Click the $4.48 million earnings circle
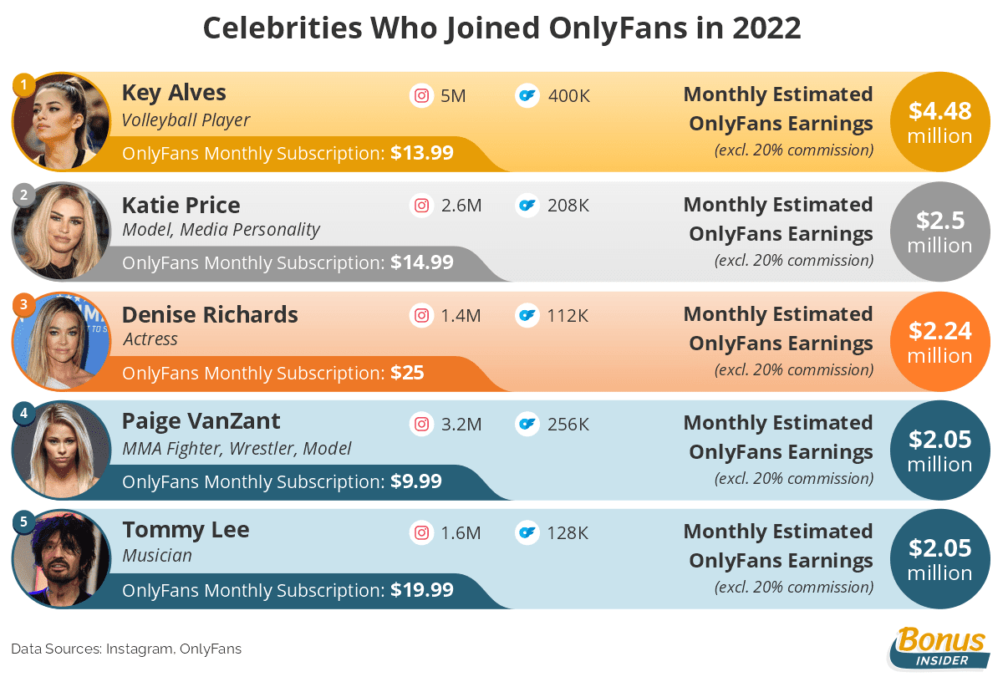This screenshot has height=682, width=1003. click(940, 122)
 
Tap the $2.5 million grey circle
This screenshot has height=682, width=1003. click(940, 232)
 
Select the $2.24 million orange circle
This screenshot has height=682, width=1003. click(940, 341)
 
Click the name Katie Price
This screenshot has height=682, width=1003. click(181, 205)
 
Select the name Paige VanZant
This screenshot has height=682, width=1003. click(201, 420)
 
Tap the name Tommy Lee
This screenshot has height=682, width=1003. click(186, 530)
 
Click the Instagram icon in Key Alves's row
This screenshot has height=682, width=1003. click(422, 95)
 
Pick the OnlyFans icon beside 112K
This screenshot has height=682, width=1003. click(527, 315)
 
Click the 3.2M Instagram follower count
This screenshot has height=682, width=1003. click(461, 425)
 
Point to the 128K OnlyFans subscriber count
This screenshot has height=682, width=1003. click(568, 533)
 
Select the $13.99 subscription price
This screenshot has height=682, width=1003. click(422, 153)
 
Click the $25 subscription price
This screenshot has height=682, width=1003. click(407, 373)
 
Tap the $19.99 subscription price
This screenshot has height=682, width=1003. click(422, 590)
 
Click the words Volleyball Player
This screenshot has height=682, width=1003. click(186, 120)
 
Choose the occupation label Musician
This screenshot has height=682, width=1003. click(157, 555)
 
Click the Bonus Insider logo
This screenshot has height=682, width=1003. click(939, 649)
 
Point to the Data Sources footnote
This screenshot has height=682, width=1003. click(126, 649)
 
